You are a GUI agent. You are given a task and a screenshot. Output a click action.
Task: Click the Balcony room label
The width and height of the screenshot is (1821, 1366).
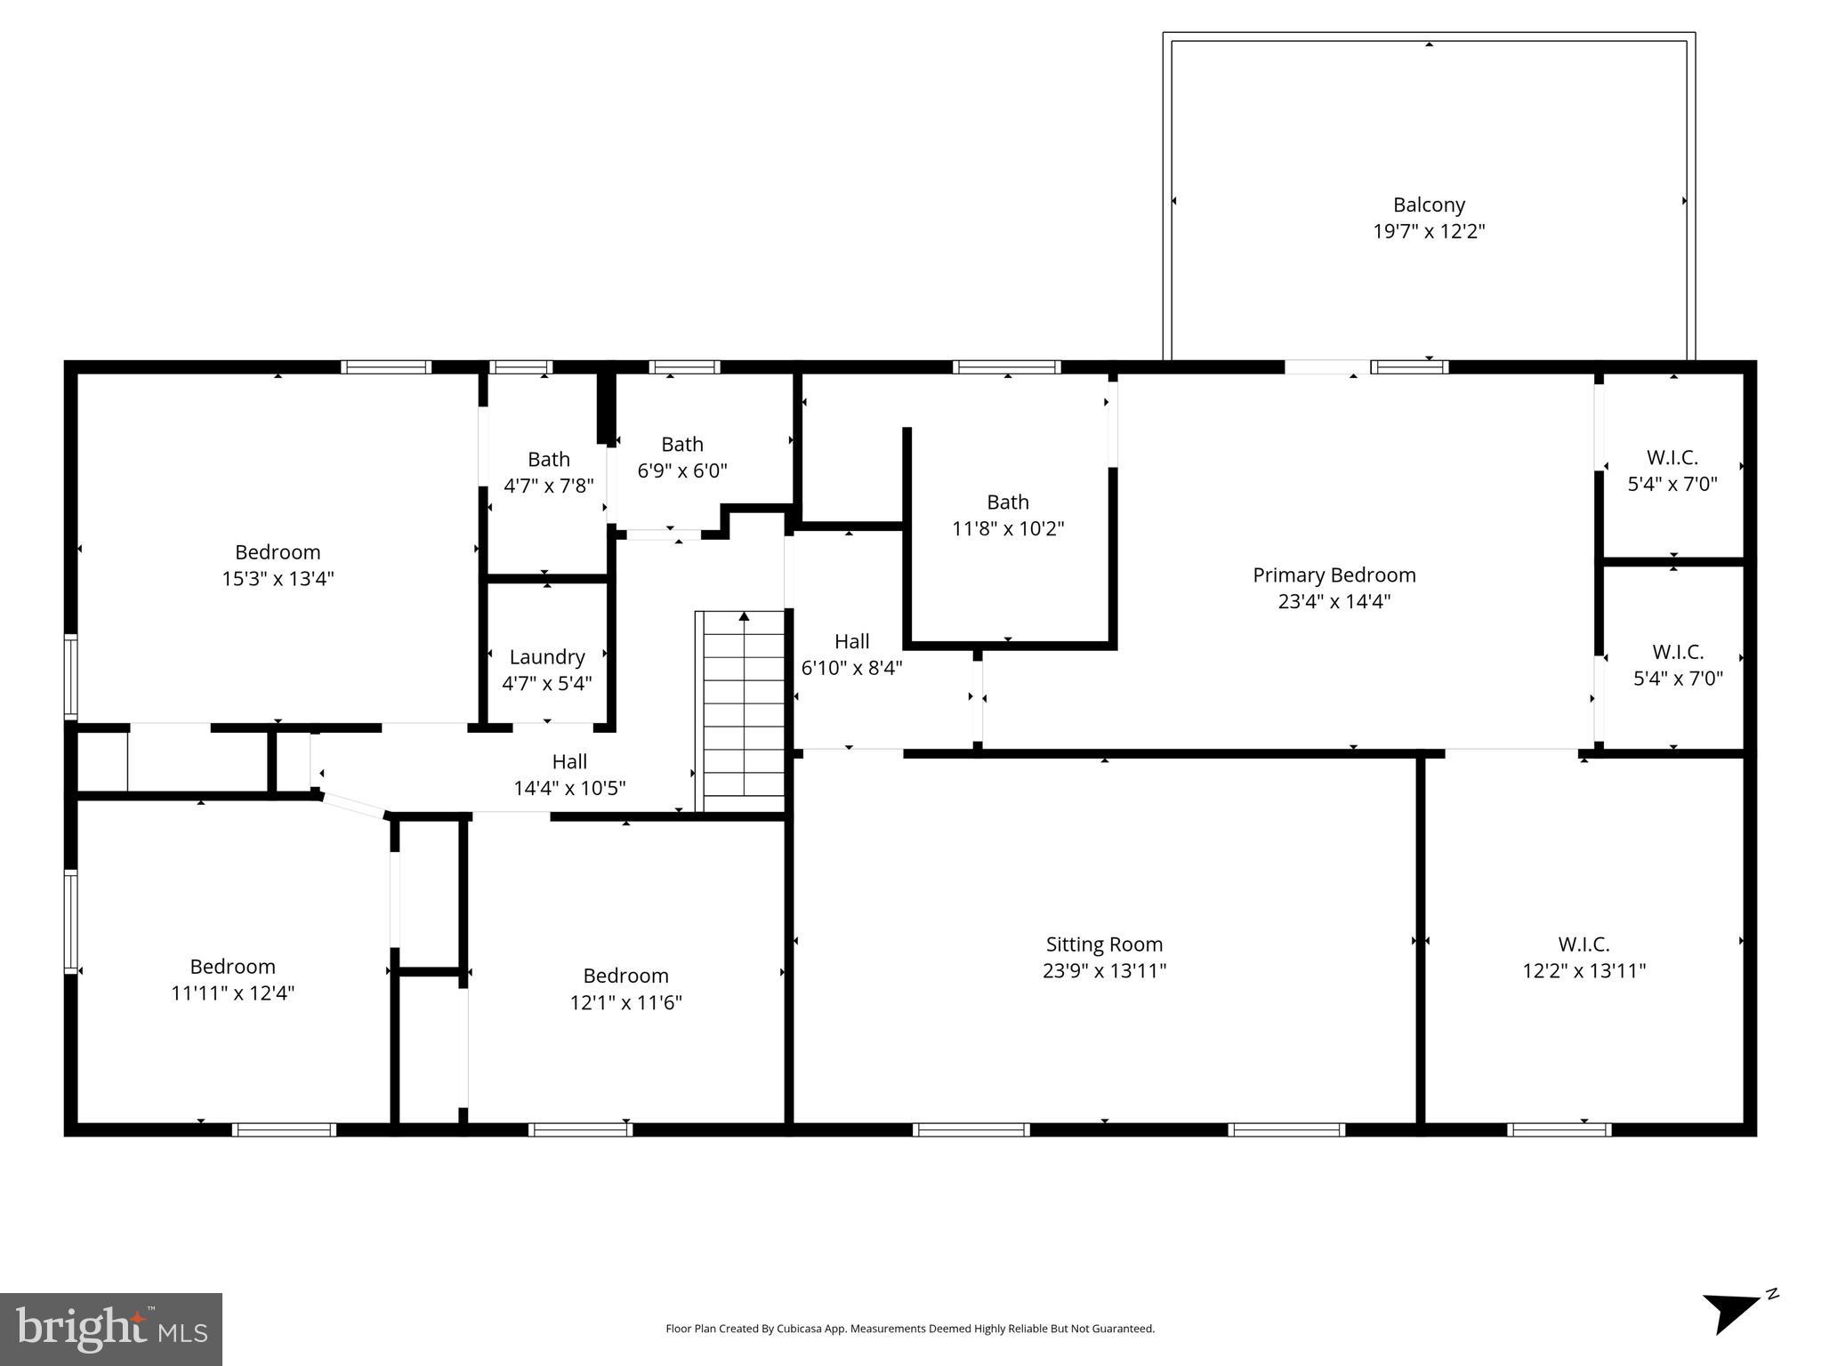pyautogui.click(x=1428, y=205)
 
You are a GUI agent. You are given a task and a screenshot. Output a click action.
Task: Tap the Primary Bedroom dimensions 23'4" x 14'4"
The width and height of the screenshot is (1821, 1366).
pyautogui.click(x=1334, y=601)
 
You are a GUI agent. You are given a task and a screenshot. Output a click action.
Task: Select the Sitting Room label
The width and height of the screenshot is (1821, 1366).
pyautogui.click(x=1104, y=944)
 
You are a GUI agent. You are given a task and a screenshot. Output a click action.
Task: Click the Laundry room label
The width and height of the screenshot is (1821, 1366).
pyautogui.click(x=546, y=657)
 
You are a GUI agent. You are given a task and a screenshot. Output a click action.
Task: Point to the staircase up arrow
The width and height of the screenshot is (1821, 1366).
pyautogui.click(x=744, y=616)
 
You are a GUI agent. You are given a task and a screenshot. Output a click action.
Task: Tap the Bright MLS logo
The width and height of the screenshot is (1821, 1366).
pyautogui.click(x=110, y=1329)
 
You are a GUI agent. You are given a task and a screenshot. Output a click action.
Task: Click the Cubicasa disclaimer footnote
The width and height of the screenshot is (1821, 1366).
pyautogui.click(x=909, y=1329)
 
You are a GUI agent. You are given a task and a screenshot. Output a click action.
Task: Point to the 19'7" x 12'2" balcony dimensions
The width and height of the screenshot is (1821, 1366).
pyautogui.click(x=1428, y=231)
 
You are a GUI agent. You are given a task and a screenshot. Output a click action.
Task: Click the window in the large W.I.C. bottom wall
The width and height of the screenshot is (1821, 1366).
pyautogui.click(x=1559, y=1129)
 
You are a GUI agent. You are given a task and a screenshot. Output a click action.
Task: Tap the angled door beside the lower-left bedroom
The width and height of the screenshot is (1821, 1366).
pyautogui.click(x=353, y=805)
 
